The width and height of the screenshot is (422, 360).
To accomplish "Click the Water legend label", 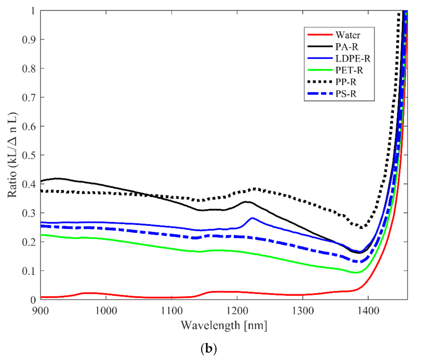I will point(348,35).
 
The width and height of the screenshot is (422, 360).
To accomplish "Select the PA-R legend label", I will point(347,47).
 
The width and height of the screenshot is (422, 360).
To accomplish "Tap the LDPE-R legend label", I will point(353,59).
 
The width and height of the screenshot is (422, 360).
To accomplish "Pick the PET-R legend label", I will point(349,70).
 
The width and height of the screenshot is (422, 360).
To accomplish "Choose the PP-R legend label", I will point(346,82).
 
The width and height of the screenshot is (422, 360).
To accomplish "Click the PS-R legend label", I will point(346,94).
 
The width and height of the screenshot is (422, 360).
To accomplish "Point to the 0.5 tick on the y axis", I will point(29,155).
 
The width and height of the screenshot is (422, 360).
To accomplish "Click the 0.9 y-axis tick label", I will point(29,39).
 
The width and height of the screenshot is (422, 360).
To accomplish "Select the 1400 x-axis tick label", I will point(368,310).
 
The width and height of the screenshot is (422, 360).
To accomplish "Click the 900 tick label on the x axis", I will point(40,310).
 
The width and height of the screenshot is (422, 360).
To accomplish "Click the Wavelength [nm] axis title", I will point(224,325).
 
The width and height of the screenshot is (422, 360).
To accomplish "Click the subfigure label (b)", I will point(208,348).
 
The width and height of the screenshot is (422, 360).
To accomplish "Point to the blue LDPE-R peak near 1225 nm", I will point(252,218).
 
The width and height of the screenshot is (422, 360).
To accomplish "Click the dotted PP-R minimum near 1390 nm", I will point(361,228).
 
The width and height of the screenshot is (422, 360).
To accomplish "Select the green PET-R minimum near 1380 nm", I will point(355,273).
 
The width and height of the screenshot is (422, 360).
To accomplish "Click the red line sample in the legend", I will point(320,35).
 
